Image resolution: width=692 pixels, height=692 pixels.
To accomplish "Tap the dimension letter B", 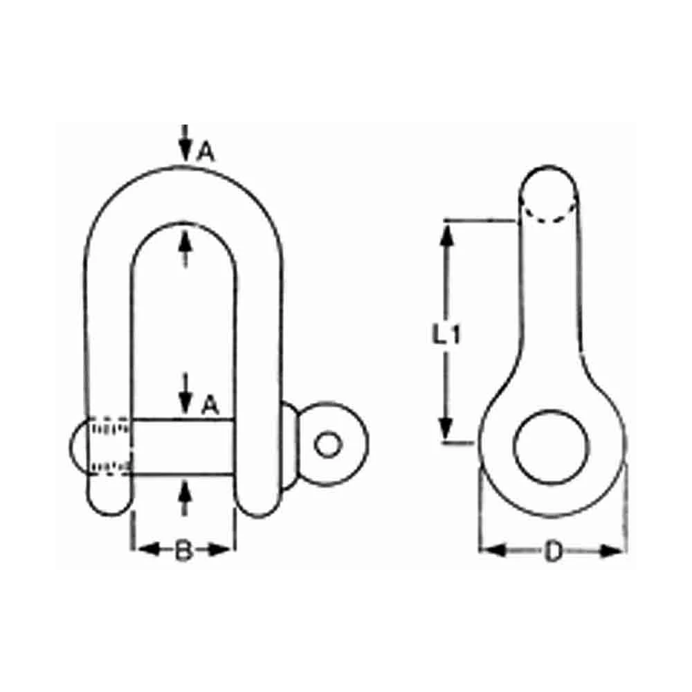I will (182, 551).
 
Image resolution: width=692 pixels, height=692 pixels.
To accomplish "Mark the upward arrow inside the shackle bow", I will (184, 246).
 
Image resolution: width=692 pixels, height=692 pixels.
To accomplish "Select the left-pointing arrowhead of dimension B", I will (143, 550).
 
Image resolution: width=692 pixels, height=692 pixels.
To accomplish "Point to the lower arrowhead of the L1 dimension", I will (448, 426).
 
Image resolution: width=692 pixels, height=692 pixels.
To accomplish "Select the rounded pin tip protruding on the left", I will (78, 447).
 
